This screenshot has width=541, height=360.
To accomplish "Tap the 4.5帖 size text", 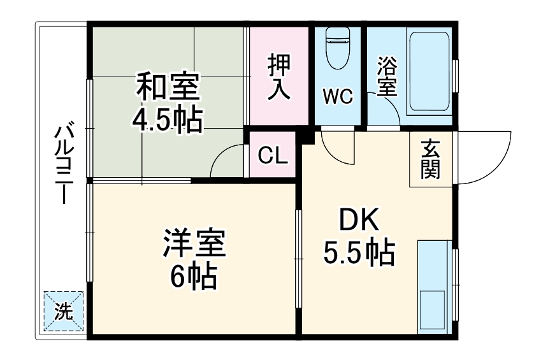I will (x=168, y=119).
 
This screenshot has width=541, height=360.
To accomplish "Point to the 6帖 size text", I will (x=193, y=275).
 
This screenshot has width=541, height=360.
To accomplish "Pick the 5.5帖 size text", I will (x=359, y=254).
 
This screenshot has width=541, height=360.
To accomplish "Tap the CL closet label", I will (x=271, y=155).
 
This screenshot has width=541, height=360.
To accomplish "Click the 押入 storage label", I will (x=278, y=76).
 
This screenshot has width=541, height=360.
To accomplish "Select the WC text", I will (x=337, y=97).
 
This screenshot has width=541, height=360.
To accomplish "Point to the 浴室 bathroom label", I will (x=386, y=76).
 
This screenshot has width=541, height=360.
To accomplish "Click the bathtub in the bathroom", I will (x=429, y=70).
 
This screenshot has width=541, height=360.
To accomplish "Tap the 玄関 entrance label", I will (x=431, y=159).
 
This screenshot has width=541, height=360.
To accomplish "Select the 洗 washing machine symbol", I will (x=63, y=312).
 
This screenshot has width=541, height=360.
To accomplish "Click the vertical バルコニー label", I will (x=62, y=162).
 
